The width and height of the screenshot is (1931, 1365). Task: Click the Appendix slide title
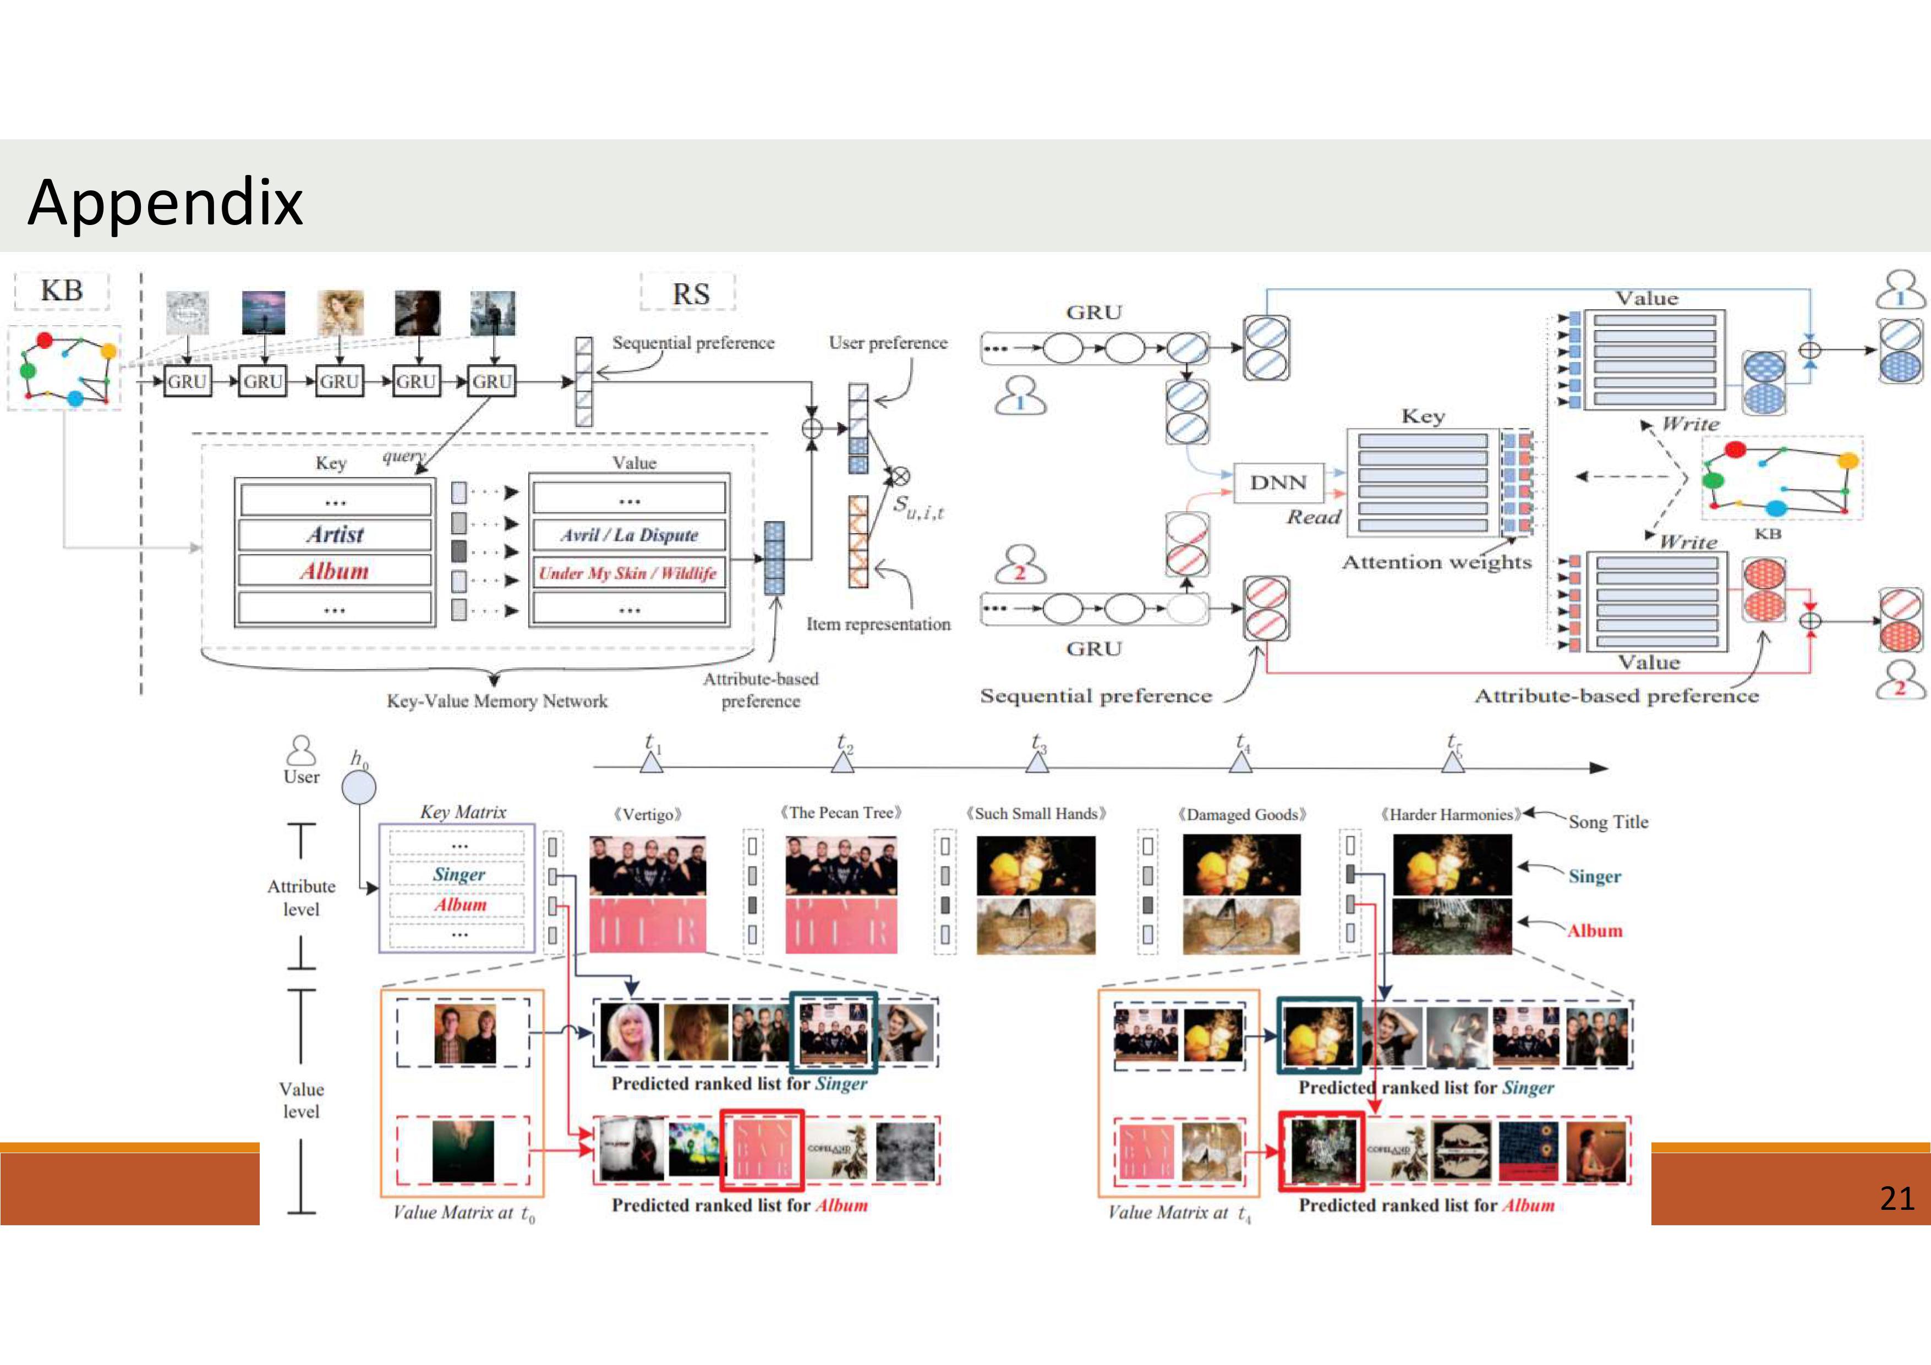165,202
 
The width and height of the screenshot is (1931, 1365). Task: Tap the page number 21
1896,1198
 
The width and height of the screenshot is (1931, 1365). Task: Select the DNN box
1278,483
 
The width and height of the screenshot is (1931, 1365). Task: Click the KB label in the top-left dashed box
62,291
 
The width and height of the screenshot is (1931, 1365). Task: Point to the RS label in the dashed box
690,293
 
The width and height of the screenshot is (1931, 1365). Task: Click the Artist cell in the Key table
335,535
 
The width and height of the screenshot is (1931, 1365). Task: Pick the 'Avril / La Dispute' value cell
629,535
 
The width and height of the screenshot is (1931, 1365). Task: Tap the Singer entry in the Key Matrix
458,875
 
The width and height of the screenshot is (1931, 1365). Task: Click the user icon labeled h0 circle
358,788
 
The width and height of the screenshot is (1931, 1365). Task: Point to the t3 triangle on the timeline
1037,762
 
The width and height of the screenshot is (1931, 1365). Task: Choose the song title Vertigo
647,814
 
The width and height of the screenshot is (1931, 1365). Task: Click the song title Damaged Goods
1241,814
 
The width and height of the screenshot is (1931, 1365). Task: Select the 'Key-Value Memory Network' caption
496,700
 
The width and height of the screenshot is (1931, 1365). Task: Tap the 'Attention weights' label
1436,562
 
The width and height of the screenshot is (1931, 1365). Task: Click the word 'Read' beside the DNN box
1313,517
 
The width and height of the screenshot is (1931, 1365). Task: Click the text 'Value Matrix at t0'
463,1213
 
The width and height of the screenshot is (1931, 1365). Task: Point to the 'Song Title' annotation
1607,821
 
